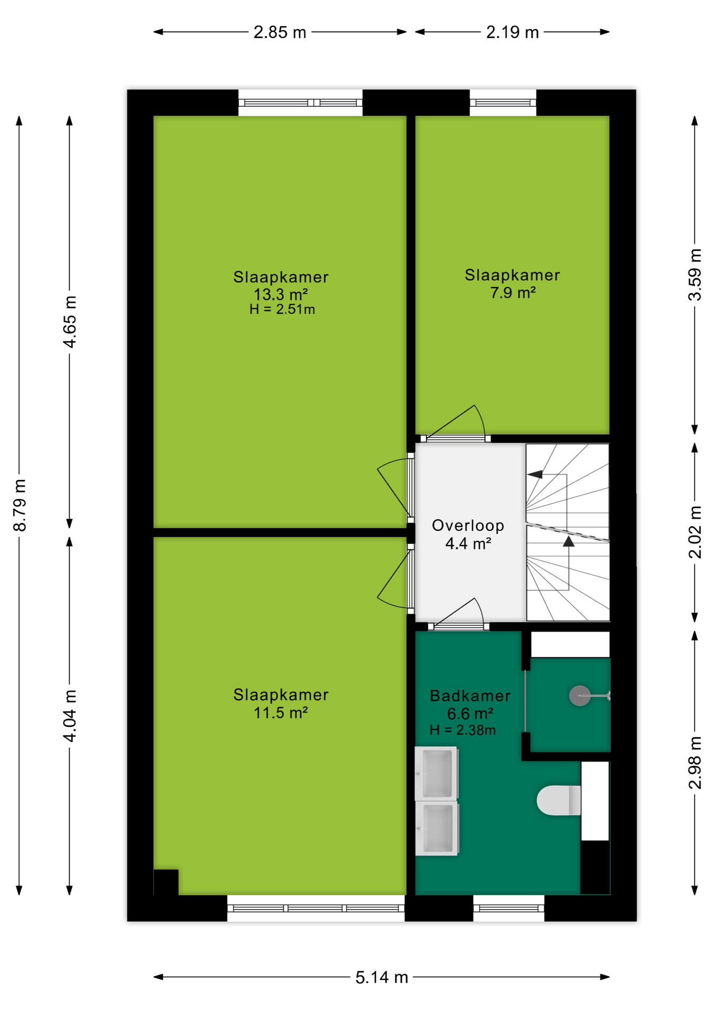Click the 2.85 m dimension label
[280, 33]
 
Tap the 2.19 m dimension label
[512, 33]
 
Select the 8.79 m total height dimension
[19, 505]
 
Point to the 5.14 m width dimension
[382, 977]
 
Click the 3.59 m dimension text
[695, 274]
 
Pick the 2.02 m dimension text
[695, 532]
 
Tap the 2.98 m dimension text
[695, 763]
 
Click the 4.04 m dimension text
[70, 715]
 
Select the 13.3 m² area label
[281, 294]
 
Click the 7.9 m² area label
[513, 292]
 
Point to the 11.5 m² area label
[281, 713]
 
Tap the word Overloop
[468, 526]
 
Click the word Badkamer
[470, 696]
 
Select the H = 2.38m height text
[463, 730]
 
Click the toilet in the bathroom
[559, 800]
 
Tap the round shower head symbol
[579, 696]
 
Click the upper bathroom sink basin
[436, 773]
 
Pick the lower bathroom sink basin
[436, 828]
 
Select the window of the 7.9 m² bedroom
[503, 102]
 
